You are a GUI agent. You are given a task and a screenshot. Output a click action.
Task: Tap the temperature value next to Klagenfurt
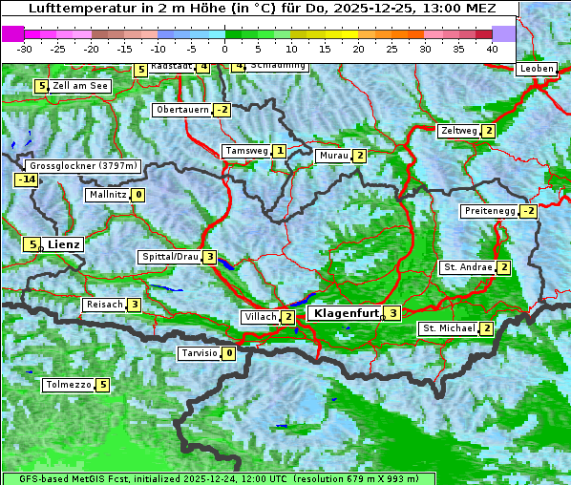pyautogui.click(x=392, y=312)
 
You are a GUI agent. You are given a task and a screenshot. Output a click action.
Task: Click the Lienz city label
pyautogui.click(x=64, y=244)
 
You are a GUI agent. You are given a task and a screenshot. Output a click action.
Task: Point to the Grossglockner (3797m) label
pyautogui.click(x=84, y=165)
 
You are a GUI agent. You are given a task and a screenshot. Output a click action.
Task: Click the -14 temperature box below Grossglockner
pyautogui.click(x=26, y=179)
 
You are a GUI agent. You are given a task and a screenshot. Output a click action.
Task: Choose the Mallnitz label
pyautogui.click(x=107, y=195)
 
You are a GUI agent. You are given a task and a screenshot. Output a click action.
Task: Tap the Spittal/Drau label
pyautogui.click(x=170, y=257)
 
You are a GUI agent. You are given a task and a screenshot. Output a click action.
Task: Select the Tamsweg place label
pyautogui.click(x=245, y=151)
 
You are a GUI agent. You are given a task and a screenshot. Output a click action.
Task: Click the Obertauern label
pyautogui.click(x=182, y=110)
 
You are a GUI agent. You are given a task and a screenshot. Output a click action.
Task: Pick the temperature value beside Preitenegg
pyautogui.click(x=528, y=211)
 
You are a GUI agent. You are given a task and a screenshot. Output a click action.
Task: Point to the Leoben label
pyautogui.click(x=536, y=69)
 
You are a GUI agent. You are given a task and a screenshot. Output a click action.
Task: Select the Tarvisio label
pyautogui.click(x=199, y=353)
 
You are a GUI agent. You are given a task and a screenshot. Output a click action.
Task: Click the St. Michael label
pyautogui.click(x=449, y=328)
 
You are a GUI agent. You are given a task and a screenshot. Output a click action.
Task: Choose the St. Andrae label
pyautogui.click(x=467, y=267)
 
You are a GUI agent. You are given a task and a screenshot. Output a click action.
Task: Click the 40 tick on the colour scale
pyautogui.click(x=492, y=49)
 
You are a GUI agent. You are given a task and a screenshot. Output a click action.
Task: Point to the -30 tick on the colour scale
pyautogui.click(x=25, y=49)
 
